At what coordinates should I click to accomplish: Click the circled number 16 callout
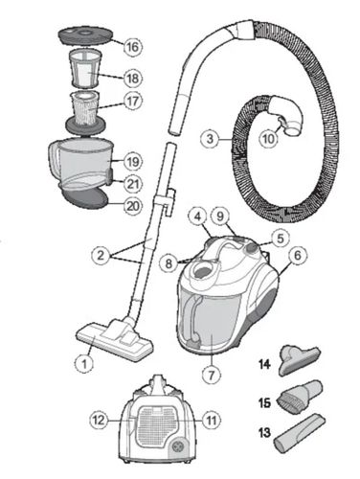[x=132, y=47]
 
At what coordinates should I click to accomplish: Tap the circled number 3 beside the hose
[x=210, y=139]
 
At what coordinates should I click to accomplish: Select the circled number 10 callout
[x=268, y=138]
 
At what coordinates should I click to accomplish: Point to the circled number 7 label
[x=212, y=374]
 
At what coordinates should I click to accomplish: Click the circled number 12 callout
[x=99, y=421]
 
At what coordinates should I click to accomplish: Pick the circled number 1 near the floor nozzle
[x=84, y=363]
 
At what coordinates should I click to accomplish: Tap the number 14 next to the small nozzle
[x=264, y=364]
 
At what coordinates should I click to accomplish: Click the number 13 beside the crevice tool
[x=264, y=433]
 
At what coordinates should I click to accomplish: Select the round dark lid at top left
[x=85, y=36]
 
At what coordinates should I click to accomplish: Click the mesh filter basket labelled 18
[x=84, y=68]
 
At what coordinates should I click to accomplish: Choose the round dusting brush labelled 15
[x=301, y=397]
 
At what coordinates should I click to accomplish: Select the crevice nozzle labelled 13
[x=300, y=433]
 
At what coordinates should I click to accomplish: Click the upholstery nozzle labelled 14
[x=300, y=361]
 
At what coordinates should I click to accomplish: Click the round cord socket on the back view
[x=177, y=446]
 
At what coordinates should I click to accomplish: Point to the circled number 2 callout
[x=101, y=255]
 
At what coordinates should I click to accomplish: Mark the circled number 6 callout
[x=298, y=255]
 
